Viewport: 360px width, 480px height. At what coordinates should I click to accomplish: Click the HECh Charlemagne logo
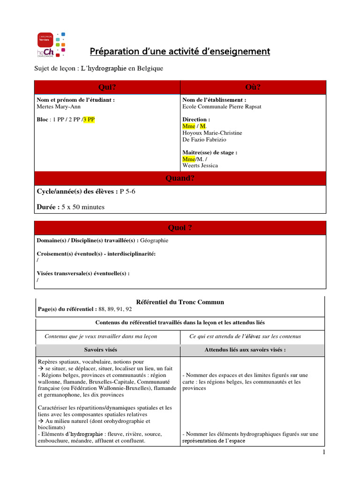coord(51,45)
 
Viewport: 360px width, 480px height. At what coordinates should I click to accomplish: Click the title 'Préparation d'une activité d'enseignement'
coord(180,51)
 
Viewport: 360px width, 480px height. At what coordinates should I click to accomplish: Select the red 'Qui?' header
coord(107,87)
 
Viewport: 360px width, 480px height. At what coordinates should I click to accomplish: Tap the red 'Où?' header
coord(253,87)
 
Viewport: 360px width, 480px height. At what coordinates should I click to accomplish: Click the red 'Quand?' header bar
coord(180,179)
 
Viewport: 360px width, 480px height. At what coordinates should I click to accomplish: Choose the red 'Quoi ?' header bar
coord(180,228)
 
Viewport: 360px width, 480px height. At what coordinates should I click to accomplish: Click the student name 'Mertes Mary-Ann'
coord(58,107)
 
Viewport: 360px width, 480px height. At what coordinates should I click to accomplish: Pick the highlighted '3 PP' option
coord(89,120)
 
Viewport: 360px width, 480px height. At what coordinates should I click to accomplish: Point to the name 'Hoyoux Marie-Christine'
coord(212,133)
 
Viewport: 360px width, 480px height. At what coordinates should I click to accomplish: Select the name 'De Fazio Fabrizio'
coord(205,140)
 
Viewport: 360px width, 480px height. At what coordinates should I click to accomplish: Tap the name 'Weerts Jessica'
coord(200,165)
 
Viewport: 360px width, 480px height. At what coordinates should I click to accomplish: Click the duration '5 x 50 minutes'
coord(82,207)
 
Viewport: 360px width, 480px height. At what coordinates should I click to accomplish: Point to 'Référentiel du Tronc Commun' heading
coord(180,302)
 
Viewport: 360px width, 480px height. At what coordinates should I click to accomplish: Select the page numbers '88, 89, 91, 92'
coord(115,309)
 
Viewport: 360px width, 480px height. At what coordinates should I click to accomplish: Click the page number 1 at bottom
coord(323,452)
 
